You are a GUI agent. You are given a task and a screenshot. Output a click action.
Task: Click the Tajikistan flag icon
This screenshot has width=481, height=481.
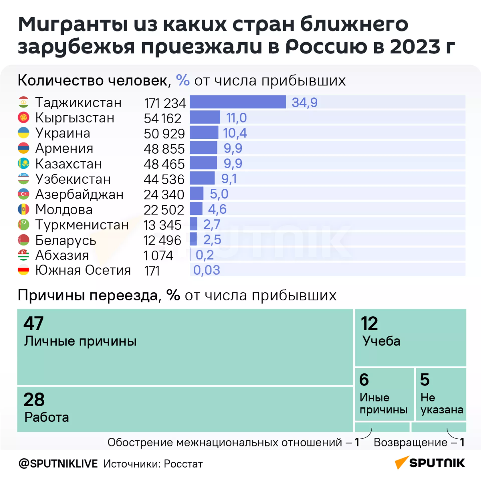24,102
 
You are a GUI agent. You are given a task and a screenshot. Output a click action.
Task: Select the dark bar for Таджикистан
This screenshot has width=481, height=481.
237,102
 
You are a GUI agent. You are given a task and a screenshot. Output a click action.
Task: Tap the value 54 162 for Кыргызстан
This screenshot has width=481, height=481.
162,118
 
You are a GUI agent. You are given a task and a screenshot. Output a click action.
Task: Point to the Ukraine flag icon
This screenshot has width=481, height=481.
24,133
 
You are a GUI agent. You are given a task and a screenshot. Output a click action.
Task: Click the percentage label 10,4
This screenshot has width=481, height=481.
235,133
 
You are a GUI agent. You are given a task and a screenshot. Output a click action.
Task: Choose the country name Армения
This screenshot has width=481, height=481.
64,148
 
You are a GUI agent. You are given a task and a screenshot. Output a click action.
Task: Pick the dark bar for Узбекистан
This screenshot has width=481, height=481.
202,178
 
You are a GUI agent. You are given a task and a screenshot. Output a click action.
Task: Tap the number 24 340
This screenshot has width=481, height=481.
164,195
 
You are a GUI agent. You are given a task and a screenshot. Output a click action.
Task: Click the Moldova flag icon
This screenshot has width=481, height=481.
24,209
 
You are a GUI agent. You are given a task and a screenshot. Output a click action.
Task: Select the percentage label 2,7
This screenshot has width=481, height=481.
212,224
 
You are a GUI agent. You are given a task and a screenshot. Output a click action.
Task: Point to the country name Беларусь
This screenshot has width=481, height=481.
66,240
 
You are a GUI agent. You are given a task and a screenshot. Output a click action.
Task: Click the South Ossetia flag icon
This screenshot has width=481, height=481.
24,270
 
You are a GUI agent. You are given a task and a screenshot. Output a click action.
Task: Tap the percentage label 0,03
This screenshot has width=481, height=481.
206,270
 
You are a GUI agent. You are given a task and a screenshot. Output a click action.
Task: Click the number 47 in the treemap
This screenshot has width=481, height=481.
33,323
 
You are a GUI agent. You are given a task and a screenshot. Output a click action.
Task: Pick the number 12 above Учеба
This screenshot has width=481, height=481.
369,324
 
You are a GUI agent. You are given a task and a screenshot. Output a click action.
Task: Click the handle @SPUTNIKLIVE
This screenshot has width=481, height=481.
58,464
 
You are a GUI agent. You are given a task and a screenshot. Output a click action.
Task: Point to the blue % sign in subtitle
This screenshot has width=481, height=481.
183,80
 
